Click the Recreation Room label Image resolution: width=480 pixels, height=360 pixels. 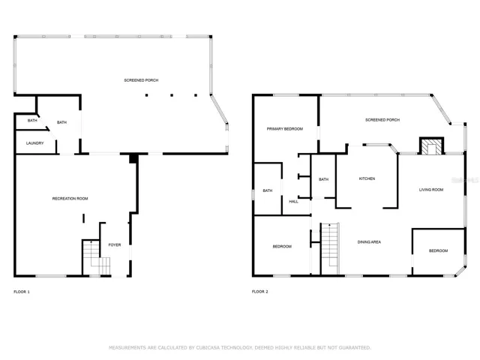70,199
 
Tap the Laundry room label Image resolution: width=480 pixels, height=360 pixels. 35,143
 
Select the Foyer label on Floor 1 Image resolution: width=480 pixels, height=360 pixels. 115,245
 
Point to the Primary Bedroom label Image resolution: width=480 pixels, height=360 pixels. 285,129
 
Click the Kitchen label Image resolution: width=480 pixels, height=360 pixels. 367,178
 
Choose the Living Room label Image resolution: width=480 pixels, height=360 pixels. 431,190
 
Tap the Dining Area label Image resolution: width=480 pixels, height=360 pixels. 369,242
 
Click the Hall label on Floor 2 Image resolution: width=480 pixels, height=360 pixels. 293,202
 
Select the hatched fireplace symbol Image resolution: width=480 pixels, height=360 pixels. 432,147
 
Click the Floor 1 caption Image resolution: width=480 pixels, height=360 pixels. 22,292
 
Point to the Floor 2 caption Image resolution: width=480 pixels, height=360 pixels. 260,292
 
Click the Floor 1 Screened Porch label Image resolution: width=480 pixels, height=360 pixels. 141,80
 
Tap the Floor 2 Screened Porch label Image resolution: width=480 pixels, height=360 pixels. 382,120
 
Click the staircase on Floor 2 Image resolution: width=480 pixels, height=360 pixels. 330,249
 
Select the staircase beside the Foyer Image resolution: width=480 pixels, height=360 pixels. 96,258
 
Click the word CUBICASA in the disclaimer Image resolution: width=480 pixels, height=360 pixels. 208,347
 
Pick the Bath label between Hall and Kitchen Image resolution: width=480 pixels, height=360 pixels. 323,179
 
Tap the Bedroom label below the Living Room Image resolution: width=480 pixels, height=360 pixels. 438,250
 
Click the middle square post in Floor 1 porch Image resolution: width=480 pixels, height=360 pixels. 172,95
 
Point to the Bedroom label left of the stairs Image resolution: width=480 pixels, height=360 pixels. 282,247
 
